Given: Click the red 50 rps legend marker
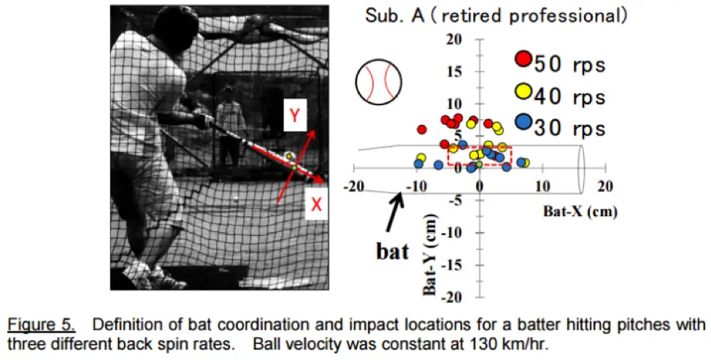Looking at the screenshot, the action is (x=523, y=59).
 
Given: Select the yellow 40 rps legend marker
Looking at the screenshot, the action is (x=523, y=91).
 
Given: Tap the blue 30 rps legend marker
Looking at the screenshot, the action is (x=523, y=121).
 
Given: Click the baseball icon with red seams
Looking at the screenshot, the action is (x=379, y=82).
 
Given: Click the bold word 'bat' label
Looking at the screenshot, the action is (x=392, y=250).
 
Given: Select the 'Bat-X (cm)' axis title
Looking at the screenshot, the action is (x=580, y=211).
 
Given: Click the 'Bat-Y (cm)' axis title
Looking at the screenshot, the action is (x=429, y=256).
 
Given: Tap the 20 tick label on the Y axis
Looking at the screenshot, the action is (x=453, y=39).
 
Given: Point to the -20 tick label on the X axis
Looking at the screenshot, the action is (x=354, y=186).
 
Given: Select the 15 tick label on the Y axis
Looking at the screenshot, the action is (x=453, y=72).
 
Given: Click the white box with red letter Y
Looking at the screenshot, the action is (x=295, y=115).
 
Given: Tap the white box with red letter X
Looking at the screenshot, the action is (x=316, y=204).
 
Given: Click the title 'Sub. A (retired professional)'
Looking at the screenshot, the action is (x=496, y=16).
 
